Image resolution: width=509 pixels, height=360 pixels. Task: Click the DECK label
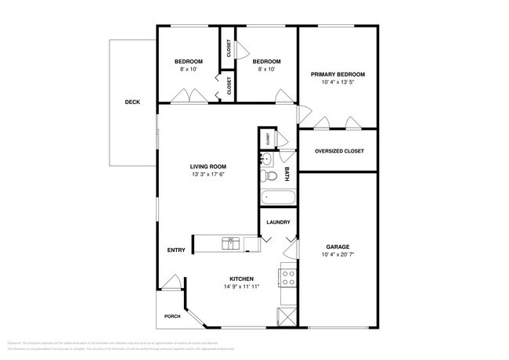(132, 102)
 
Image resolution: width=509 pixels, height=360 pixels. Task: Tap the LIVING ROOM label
(208, 166)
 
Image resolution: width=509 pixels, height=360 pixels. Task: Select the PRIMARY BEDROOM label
(338, 74)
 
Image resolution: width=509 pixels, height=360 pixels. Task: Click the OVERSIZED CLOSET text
(338, 151)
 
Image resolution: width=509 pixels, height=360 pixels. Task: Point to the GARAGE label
(338, 247)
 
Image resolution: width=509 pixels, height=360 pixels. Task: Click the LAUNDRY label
(279, 222)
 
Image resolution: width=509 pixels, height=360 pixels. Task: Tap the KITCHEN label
(241, 279)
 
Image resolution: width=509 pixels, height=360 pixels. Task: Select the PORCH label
(171, 316)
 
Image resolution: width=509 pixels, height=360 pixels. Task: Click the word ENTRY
(176, 250)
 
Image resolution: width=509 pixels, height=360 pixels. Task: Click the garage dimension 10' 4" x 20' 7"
(338, 255)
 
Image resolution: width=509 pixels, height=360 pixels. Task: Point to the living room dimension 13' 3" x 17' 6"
(208, 175)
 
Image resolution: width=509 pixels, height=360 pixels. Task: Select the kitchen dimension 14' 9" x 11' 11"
(241, 287)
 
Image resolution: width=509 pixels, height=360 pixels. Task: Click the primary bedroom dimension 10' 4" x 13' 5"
(338, 83)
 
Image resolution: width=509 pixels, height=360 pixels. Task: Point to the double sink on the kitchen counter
(230, 243)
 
